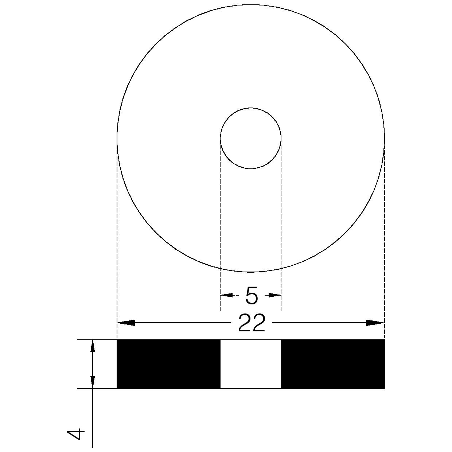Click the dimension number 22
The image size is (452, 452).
[x=252, y=323]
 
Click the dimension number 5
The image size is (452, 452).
[x=252, y=296]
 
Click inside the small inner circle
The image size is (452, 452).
[x=250, y=139]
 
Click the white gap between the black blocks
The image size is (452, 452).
[x=251, y=364]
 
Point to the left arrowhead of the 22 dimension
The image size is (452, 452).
[x=126, y=323]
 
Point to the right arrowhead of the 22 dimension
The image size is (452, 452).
[x=375, y=323]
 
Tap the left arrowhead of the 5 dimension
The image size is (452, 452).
[x=226, y=295]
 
